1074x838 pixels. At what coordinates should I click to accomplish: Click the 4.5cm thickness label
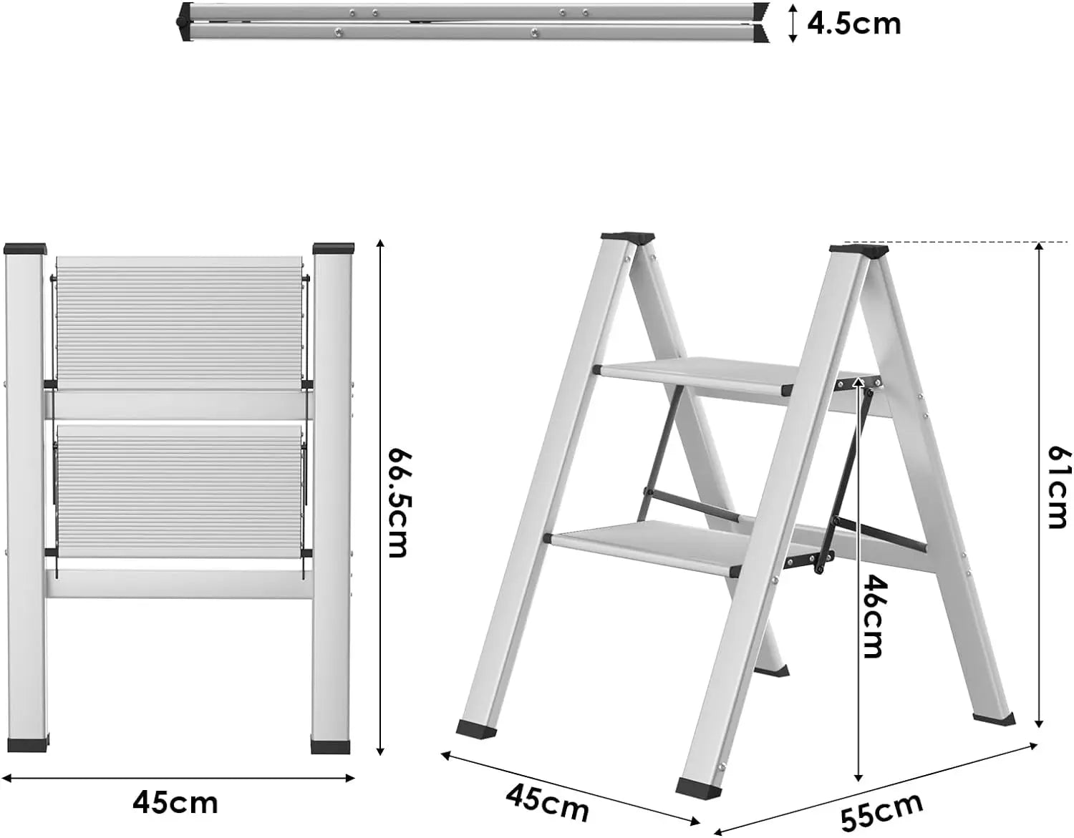pyautogui.click(x=853, y=24)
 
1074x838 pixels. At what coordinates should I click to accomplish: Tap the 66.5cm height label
pyautogui.click(x=397, y=502)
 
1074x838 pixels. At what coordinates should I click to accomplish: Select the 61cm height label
pyautogui.click(x=1058, y=487)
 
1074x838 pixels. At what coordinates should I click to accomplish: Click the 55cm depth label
pyautogui.click(x=882, y=812)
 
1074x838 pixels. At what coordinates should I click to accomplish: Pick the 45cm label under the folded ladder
pyautogui.click(x=175, y=802)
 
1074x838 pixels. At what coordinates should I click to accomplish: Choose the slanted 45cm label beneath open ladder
pyautogui.click(x=548, y=802)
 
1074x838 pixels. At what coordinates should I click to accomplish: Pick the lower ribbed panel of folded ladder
pyautogui.click(x=179, y=493)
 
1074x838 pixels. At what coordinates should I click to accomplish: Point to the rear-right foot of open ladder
pyautogui.click(x=994, y=718)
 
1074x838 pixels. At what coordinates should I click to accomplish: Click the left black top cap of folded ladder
pyautogui.click(x=25, y=249)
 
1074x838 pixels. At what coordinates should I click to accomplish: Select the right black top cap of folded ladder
pyautogui.click(x=334, y=249)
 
